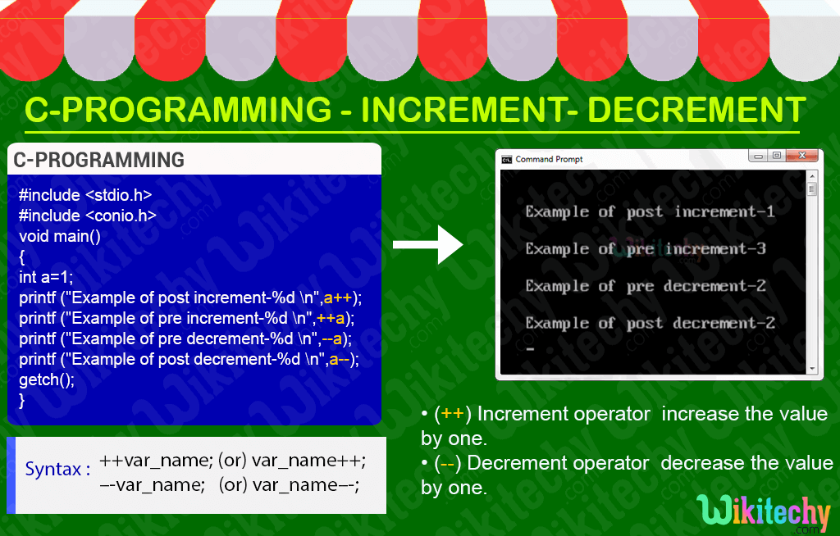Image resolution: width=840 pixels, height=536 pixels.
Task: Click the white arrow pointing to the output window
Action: coord(427,245)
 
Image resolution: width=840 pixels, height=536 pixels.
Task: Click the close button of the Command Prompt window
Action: coord(802,156)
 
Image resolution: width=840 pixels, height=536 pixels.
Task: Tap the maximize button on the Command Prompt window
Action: coord(777,156)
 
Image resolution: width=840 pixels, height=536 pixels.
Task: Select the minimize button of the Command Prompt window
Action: coord(758,156)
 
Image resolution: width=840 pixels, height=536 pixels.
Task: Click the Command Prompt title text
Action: coord(549,159)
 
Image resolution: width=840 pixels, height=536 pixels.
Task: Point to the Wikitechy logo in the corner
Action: coord(764,513)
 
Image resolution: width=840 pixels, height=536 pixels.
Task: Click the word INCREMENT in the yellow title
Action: coord(463,109)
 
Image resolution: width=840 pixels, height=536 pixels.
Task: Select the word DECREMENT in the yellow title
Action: coord(696,109)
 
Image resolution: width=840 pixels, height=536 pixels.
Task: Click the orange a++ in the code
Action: coord(338,298)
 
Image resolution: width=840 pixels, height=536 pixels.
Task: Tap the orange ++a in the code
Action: coord(331,319)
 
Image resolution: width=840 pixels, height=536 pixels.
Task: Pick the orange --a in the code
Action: coord(331,339)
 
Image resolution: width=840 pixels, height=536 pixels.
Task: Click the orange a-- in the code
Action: coord(340,359)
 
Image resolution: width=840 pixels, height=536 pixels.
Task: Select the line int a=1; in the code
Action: coord(46,277)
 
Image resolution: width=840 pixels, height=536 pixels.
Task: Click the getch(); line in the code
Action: coord(47,379)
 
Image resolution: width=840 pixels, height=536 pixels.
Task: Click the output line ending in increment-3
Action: coord(646,249)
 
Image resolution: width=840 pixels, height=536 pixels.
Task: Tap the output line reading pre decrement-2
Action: coord(646,286)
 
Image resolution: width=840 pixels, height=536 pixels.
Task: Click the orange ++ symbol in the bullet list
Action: coord(453,414)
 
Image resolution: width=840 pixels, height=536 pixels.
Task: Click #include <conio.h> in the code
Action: coord(88,216)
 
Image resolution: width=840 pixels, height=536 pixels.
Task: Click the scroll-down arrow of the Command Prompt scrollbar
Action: coord(812,369)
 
